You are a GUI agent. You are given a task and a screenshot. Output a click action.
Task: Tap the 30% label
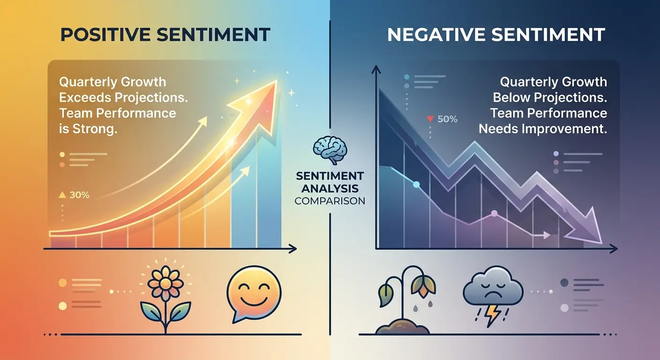pyautogui.click(x=79, y=195)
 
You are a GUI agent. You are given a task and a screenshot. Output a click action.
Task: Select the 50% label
pyautogui.click(x=447, y=119)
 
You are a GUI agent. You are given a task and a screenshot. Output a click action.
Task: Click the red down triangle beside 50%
pyautogui.click(x=429, y=119)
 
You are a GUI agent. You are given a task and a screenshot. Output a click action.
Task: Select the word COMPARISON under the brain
pyautogui.click(x=330, y=201)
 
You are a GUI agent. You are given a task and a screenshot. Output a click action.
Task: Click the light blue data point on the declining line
pyautogui.click(x=416, y=185)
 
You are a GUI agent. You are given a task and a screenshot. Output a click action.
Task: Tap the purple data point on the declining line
pyautogui.click(x=494, y=213)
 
